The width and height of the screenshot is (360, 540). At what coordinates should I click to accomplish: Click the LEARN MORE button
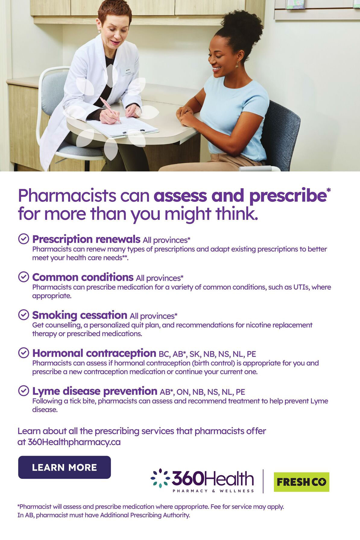point(65,467)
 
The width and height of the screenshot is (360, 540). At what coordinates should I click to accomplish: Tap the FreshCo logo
point(302,482)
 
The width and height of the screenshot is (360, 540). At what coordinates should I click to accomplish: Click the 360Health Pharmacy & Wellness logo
point(202,480)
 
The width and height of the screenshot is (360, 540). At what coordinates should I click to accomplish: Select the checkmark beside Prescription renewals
point(24,239)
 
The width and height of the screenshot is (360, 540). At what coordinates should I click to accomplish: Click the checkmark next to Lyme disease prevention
point(24,391)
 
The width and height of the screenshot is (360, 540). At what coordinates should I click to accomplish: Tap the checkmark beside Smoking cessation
point(24,315)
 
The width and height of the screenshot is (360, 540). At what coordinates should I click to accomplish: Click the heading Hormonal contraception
point(94,353)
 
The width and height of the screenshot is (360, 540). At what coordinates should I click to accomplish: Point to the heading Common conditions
point(83,277)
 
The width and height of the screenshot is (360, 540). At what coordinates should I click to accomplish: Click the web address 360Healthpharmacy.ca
point(74,442)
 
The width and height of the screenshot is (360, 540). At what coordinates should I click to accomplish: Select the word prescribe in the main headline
point(288,196)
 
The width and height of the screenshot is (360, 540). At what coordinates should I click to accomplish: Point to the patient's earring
point(237,64)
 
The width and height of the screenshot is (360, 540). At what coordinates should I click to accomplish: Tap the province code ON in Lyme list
point(183,392)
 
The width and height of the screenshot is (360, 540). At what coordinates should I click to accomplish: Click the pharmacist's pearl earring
point(99,31)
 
